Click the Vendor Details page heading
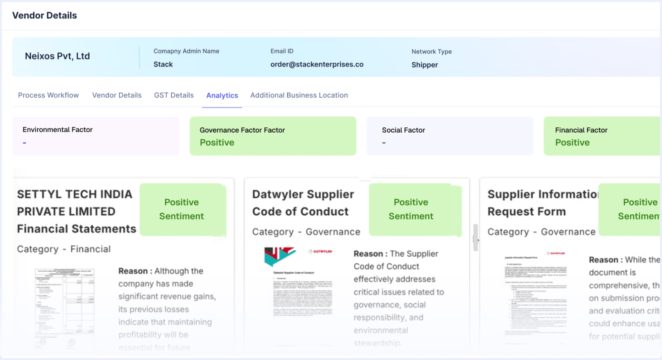[44, 15]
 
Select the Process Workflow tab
[48, 95]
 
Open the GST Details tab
[173, 95]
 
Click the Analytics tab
[222, 95]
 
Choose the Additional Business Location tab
[299, 95]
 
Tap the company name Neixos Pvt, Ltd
[57, 56]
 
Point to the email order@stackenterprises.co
[317, 64]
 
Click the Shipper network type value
[424, 65]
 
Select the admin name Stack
[163, 64]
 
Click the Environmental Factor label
[57, 129]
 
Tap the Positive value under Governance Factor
[217, 142]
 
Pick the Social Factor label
[403, 130]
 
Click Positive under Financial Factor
[572, 142]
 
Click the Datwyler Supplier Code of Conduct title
[303, 203]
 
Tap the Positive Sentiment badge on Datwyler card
[411, 209]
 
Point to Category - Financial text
[64, 249]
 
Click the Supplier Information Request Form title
[542, 203]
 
